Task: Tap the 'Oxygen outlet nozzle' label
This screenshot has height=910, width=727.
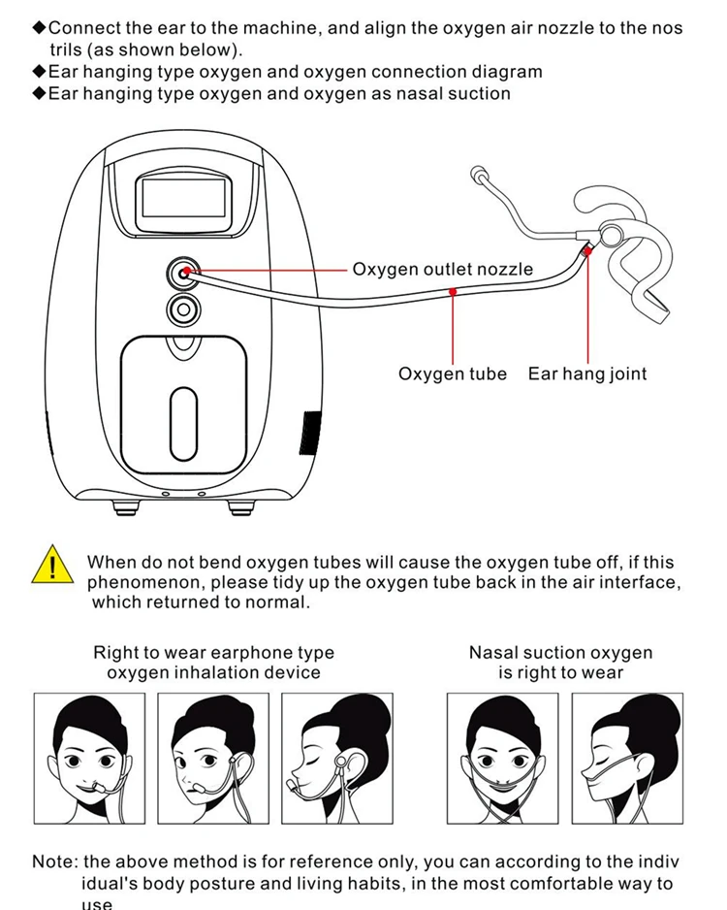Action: pyautogui.click(x=442, y=269)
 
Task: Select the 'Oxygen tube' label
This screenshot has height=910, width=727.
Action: pyautogui.click(x=452, y=374)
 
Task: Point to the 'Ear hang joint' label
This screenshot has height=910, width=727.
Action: pyautogui.click(x=586, y=374)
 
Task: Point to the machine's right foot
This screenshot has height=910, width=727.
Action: pyautogui.click(x=239, y=506)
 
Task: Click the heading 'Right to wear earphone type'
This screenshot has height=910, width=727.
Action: pyautogui.click(x=213, y=653)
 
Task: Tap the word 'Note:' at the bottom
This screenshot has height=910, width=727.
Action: pyautogui.click(x=55, y=861)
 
